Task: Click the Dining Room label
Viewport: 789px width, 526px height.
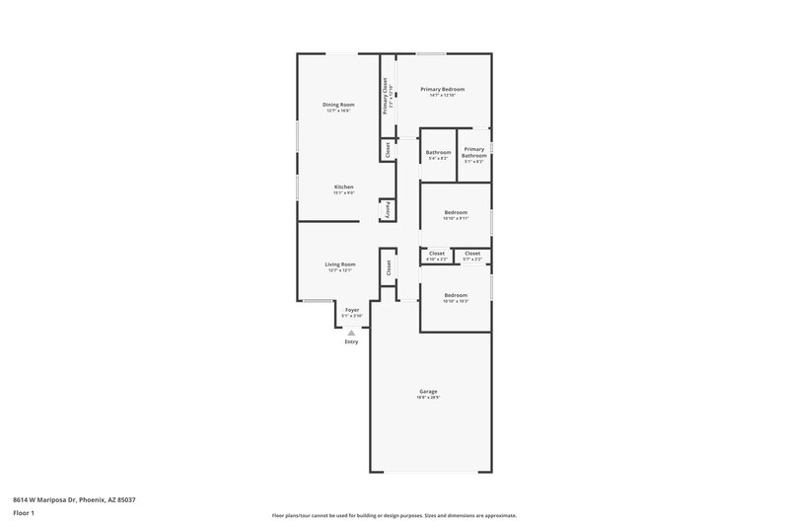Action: tap(338, 105)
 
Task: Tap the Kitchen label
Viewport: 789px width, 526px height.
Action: tap(343, 187)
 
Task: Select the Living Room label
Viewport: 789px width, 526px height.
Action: tap(339, 264)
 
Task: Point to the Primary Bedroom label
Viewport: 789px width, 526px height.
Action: tap(442, 90)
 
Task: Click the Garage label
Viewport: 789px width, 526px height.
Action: tap(428, 392)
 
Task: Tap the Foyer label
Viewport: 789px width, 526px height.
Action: tap(352, 311)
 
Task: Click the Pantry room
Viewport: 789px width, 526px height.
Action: tap(388, 211)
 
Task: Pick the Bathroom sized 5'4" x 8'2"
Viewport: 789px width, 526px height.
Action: tap(438, 154)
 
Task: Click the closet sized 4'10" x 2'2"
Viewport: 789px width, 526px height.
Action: tap(437, 256)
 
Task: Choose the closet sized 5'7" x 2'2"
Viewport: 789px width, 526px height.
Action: tap(472, 256)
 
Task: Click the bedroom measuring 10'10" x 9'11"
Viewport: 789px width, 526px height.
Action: tap(455, 214)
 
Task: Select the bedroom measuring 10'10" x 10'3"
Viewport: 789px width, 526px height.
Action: tap(455, 297)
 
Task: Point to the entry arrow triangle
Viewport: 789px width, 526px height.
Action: tap(351, 333)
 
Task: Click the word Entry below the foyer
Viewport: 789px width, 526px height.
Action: tap(351, 342)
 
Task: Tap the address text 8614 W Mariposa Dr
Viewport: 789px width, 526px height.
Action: tap(74, 500)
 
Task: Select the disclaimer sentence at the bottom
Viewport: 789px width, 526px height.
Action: tap(394, 515)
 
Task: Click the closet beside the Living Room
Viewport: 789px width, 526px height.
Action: tap(389, 266)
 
